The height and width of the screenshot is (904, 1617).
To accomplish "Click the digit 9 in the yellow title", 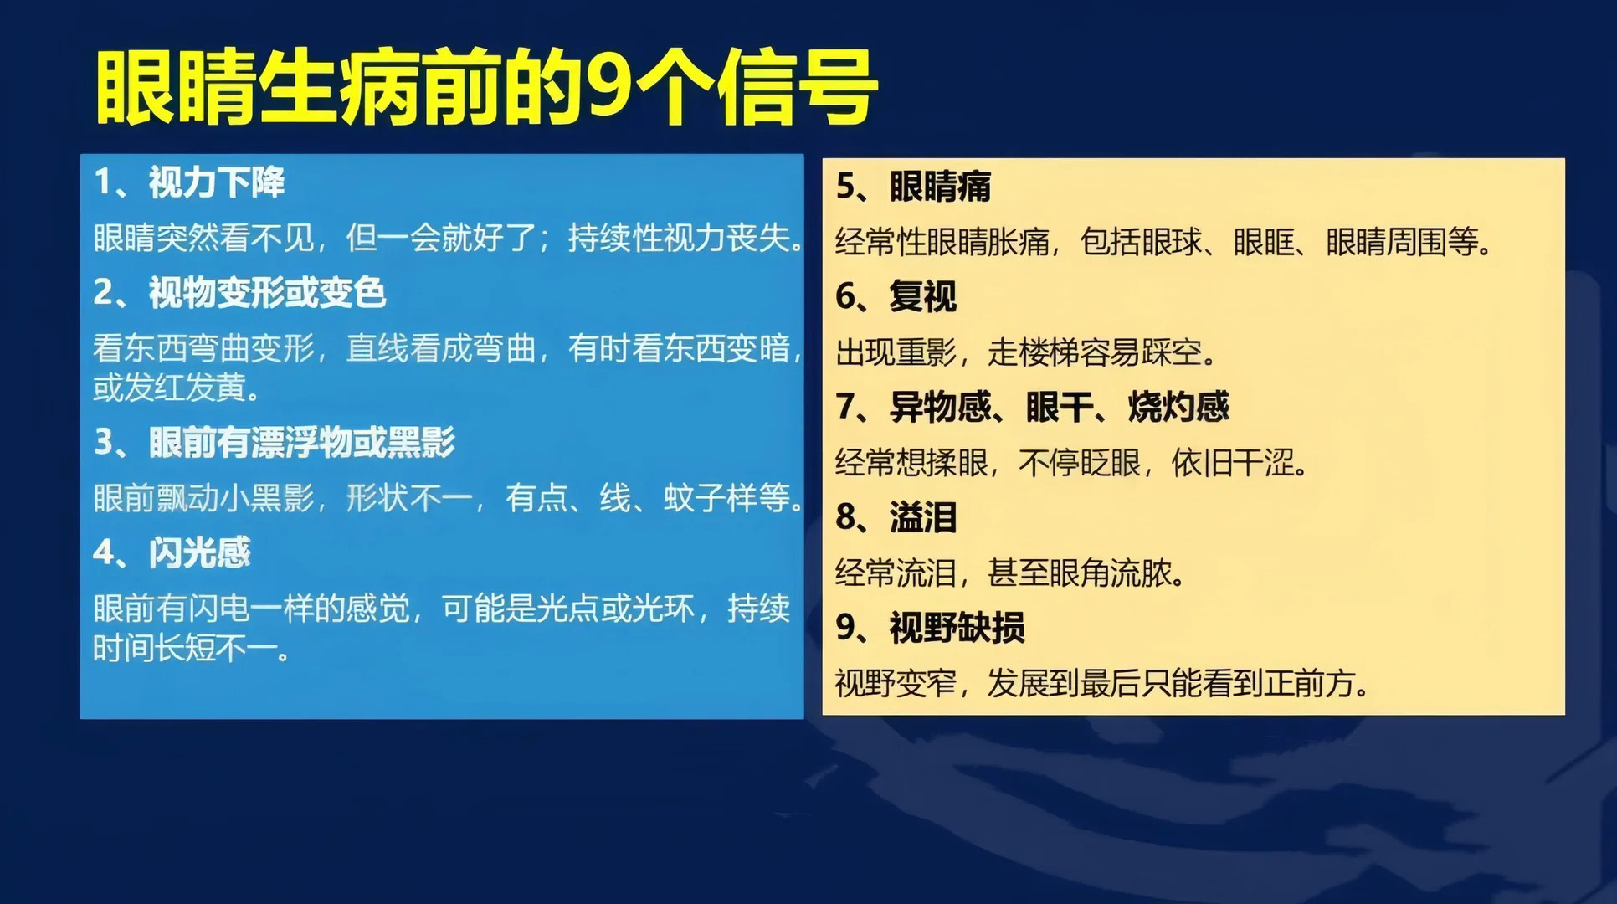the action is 608,87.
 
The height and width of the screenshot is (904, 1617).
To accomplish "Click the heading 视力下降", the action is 217,182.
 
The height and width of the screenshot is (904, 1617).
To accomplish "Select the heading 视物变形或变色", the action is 267,293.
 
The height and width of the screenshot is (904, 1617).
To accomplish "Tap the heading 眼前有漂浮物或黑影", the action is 302,442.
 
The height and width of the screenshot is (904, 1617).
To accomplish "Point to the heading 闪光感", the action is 200,552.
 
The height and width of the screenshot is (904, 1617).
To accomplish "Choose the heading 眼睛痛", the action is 940,187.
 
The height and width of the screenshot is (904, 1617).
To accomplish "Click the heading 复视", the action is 922,296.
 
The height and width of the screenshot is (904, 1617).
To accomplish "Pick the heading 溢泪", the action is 922,517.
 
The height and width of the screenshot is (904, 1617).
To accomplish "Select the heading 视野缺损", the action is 957,628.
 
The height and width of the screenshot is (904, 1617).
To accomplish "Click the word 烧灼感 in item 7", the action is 1178,407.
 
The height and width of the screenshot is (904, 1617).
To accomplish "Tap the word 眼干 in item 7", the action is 1060,407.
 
